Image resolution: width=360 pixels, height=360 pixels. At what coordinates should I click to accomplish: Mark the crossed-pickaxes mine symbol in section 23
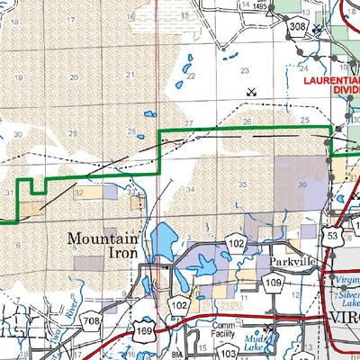[x=251, y=92]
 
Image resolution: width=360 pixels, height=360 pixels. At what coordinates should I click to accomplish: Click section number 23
[x=243, y=69]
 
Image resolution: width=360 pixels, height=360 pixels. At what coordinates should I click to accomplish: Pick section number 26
[x=246, y=121]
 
